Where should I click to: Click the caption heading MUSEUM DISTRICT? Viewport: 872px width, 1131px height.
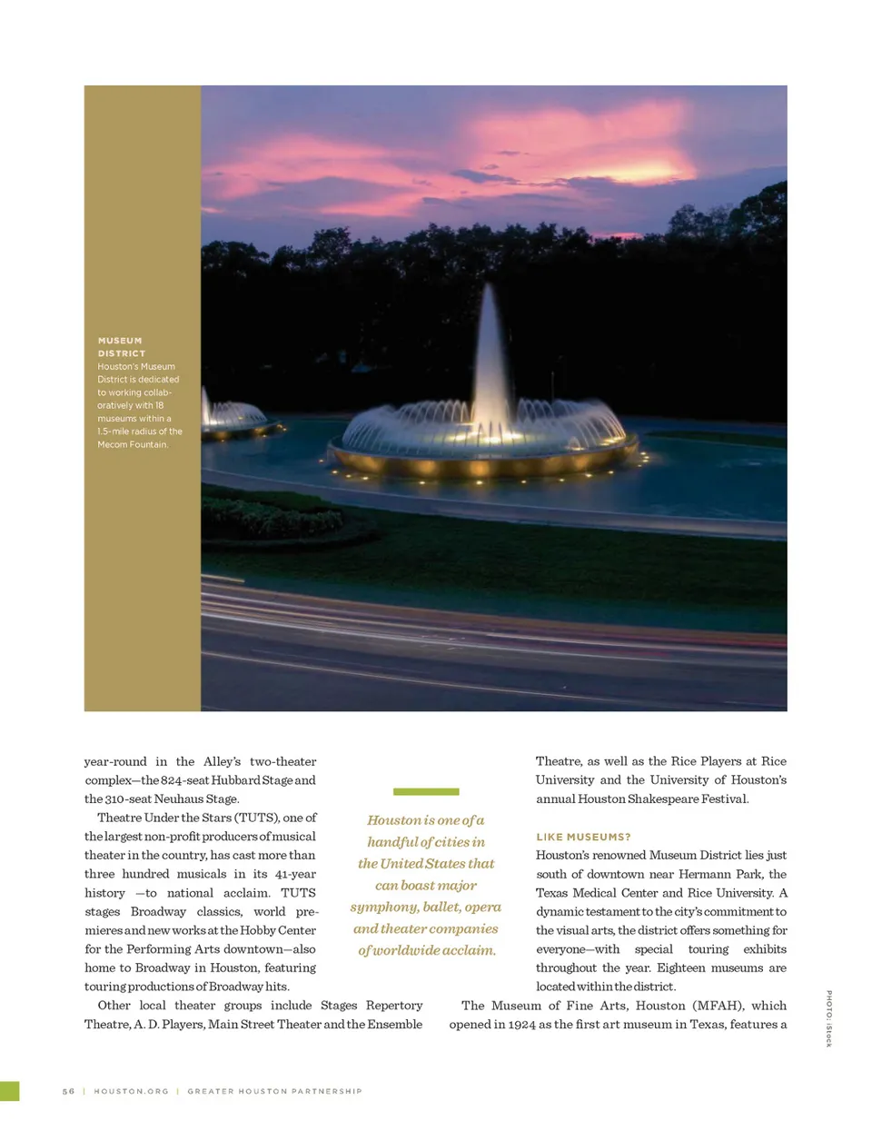(121, 347)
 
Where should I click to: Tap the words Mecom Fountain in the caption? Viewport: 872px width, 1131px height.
(133, 445)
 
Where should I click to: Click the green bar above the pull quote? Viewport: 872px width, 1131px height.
(426, 791)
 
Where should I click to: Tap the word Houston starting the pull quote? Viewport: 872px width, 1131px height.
(394, 820)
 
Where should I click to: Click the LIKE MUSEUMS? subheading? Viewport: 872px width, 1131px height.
(583, 837)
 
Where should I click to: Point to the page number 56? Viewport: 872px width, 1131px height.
(68, 1091)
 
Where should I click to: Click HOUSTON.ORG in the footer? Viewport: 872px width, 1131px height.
(131, 1091)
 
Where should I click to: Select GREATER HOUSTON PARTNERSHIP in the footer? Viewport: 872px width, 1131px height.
(274, 1091)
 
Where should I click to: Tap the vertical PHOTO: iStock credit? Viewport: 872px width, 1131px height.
(828, 1017)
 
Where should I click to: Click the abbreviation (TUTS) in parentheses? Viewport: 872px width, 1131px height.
(256, 818)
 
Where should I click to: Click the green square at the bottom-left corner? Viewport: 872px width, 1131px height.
(9, 1091)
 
